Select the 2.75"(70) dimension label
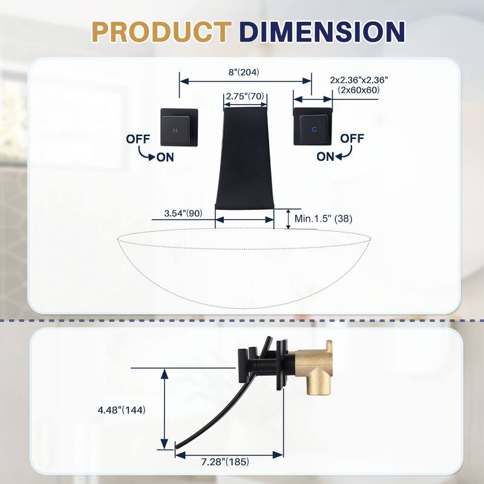pos(246,96)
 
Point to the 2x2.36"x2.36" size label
pos(359,80)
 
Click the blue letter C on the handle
pos(314,129)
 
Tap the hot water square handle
pos(180,127)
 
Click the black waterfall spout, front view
pos(245,157)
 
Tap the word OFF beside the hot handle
pos(139,139)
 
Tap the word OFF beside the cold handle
pos(352,138)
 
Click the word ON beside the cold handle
pos(325,157)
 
